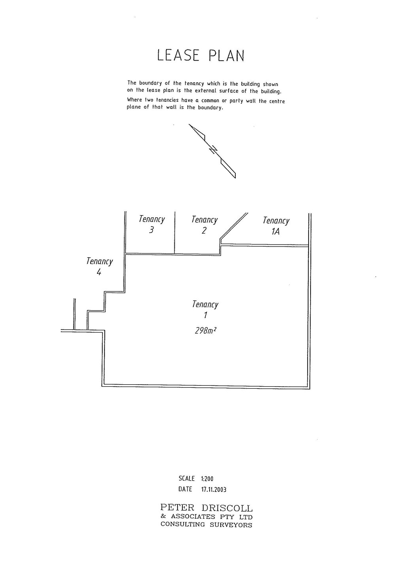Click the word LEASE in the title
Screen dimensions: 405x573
click(x=178, y=55)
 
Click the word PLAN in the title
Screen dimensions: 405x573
click(x=227, y=55)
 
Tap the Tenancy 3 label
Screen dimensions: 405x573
click(x=152, y=224)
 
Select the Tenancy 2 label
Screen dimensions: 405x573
click(x=204, y=225)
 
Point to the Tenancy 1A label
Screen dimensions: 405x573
click(x=276, y=226)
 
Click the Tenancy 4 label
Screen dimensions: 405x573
click(x=99, y=267)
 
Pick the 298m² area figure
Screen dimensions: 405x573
click(x=206, y=331)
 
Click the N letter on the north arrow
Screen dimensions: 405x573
click(x=214, y=150)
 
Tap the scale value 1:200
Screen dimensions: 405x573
click(x=207, y=478)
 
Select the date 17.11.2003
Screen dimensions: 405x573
click(x=214, y=490)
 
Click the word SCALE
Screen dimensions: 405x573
click(x=187, y=478)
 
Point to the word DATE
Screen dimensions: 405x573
click(x=185, y=490)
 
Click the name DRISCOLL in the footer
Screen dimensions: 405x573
click(x=227, y=508)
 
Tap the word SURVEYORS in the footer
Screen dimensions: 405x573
click(x=231, y=525)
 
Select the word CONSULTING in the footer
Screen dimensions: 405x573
click(x=183, y=524)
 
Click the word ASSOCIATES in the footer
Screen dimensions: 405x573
click(x=193, y=516)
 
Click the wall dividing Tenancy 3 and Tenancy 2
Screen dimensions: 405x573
click(x=175, y=233)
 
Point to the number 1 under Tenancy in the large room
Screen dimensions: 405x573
click(x=205, y=315)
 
